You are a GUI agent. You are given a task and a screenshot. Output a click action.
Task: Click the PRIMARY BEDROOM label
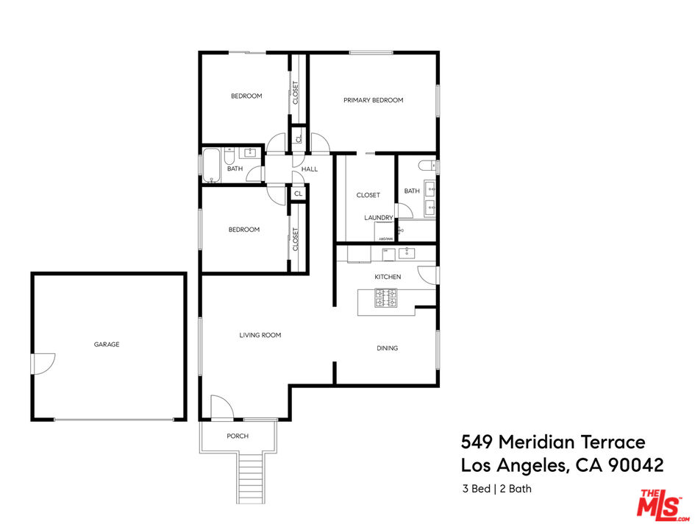(373, 100)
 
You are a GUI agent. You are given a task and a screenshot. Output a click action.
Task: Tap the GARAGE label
(107, 344)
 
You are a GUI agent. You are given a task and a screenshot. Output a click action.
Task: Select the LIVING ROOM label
(260, 335)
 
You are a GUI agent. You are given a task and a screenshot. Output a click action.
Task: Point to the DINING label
(387, 348)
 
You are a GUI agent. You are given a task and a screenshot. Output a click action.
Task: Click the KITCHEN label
(388, 277)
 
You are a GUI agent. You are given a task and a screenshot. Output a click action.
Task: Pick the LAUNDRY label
(378, 218)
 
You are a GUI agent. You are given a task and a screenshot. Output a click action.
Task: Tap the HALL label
(310, 169)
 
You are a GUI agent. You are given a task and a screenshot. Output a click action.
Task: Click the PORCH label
(238, 437)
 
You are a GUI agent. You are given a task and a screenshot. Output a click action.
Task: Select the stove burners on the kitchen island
(386, 297)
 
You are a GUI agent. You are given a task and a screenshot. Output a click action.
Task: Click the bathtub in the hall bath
(211, 166)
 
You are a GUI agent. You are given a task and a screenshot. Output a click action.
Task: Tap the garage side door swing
(43, 363)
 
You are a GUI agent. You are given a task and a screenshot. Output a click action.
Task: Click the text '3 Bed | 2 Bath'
(496, 488)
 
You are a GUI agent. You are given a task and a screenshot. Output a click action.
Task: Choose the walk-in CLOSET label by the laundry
(368, 195)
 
